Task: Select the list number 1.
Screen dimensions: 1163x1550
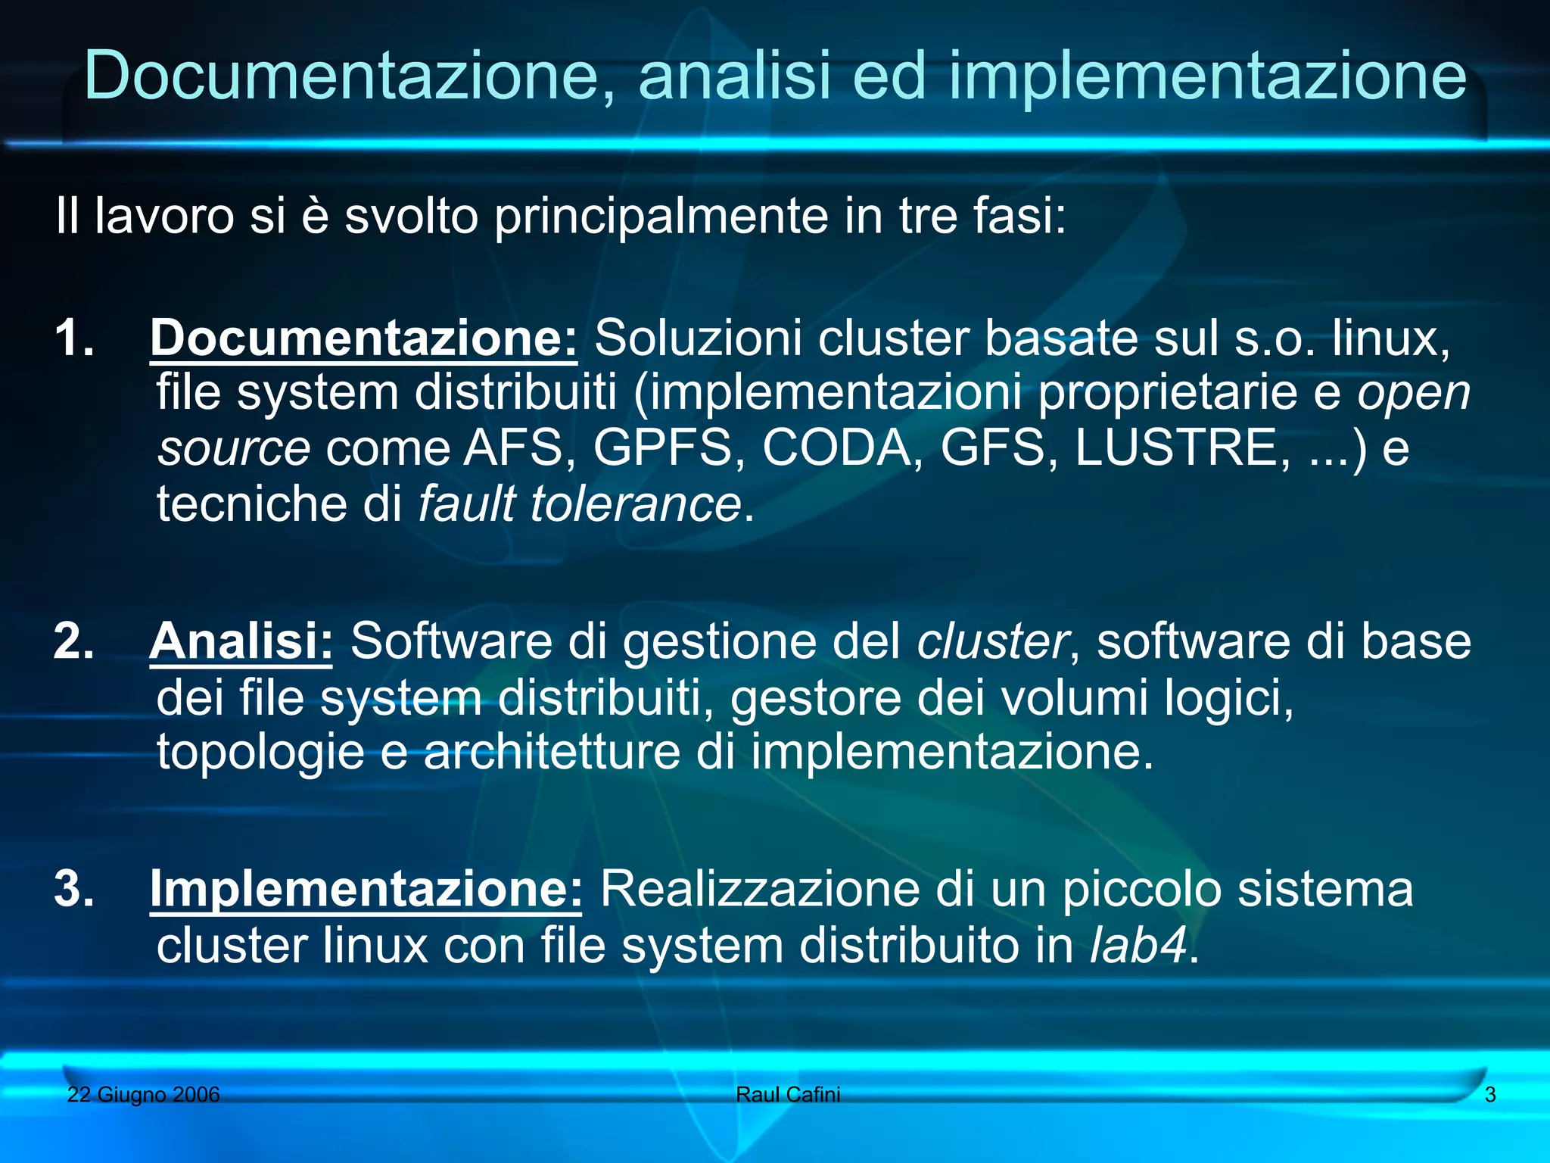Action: click(73, 337)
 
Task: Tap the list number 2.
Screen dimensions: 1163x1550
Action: click(73, 641)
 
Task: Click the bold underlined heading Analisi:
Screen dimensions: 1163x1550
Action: click(241, 641)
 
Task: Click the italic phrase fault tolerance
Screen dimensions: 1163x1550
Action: click(580, 504)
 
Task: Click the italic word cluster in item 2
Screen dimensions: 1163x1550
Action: click(993, 641)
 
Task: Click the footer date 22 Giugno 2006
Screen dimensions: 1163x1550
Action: click(143, 1094)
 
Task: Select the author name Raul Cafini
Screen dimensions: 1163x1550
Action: click(788, 1094)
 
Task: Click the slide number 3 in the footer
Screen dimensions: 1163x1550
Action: click(1490, 1094)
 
